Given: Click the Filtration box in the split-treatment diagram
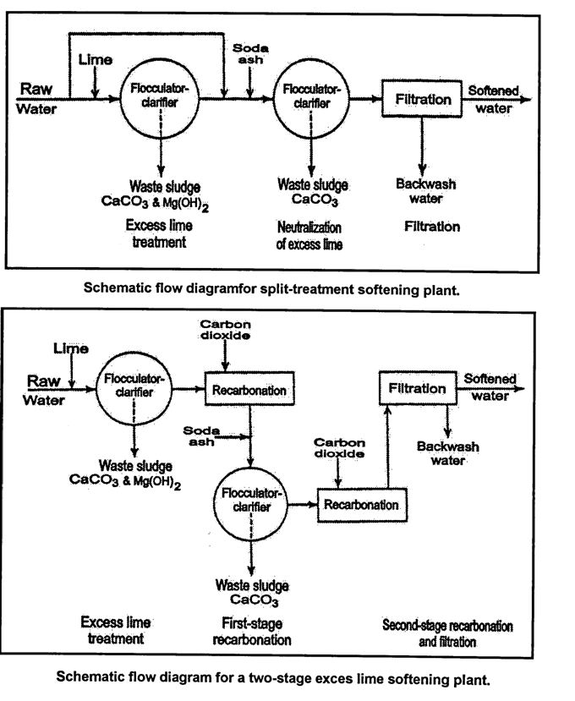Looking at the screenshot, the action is (422, 99).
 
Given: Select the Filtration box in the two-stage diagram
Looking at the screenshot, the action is (418, 388).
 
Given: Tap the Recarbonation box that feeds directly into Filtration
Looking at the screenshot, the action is (362, 505).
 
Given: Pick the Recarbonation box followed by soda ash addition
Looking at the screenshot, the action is (249, 389).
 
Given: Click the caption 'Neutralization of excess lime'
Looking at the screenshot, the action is (309, 236).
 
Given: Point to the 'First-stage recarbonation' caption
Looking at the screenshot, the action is (252, 632).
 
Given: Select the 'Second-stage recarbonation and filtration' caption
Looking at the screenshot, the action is (447, 633).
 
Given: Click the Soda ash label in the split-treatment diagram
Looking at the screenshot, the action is (250, 53).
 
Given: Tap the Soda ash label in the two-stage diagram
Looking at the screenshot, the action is (201, 435).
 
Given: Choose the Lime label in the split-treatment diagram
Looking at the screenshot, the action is (96, 59).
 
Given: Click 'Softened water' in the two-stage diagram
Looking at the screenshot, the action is (490, 387).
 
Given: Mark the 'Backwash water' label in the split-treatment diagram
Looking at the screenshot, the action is (425, 191).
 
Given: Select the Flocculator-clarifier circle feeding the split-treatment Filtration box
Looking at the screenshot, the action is (311, 101).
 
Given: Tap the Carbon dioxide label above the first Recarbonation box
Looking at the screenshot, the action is (226, 330).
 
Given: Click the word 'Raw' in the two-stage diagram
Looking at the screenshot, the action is (43, 381).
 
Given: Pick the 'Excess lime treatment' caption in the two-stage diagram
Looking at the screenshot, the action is (115, 630).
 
